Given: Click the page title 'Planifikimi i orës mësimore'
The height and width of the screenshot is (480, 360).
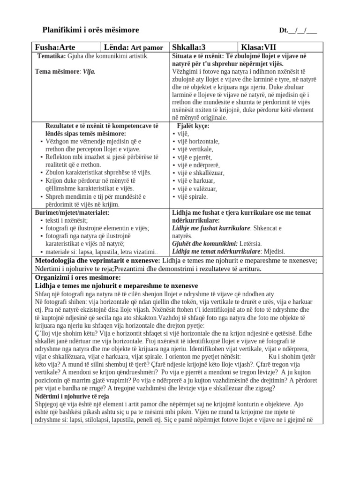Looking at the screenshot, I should [91, 30].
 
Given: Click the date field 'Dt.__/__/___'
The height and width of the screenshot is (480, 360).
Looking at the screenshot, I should [298, 31].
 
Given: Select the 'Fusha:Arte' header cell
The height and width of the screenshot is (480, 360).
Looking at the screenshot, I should [55, 47].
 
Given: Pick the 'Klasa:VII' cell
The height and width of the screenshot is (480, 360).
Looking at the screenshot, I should [258, 47].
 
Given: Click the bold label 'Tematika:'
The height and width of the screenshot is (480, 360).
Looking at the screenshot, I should [52, 56].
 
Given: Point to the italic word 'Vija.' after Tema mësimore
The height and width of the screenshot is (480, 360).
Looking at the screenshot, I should [89, 72].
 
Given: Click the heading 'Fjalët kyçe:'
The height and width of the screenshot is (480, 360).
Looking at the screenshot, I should [193, 126].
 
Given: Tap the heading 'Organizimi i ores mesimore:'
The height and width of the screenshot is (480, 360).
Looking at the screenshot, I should [78, 277].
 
